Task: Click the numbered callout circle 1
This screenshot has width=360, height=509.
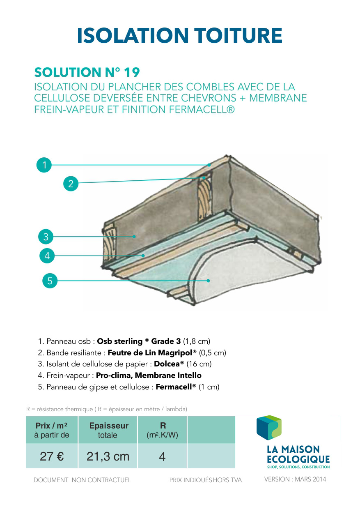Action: click(44, 165)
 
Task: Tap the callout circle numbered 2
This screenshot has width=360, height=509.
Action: click(71, 183)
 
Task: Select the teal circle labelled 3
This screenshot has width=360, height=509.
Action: click(46, 237)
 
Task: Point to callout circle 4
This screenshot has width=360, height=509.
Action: click(47, 256)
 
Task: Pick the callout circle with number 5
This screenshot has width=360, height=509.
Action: click(50, 281)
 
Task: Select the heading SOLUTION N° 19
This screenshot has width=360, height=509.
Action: click(87, 72)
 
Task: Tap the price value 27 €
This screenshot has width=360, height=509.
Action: click(52, 456)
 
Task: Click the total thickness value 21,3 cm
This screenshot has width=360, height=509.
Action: click(108, 456)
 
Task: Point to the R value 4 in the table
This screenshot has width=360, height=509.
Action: click(162, 456)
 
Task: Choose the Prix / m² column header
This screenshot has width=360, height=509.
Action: click(52, 430)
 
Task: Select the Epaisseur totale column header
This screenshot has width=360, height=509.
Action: click(108, 430)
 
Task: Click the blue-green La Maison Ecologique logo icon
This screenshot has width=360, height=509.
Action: click(269, 428)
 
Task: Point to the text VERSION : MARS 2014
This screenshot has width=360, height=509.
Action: click(295, 479)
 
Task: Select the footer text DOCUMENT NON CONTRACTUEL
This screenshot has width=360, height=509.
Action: click(82, 480)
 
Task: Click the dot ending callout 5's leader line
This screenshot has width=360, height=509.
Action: click(209, 281)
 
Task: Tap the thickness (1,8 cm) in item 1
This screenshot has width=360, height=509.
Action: click(196, 341)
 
